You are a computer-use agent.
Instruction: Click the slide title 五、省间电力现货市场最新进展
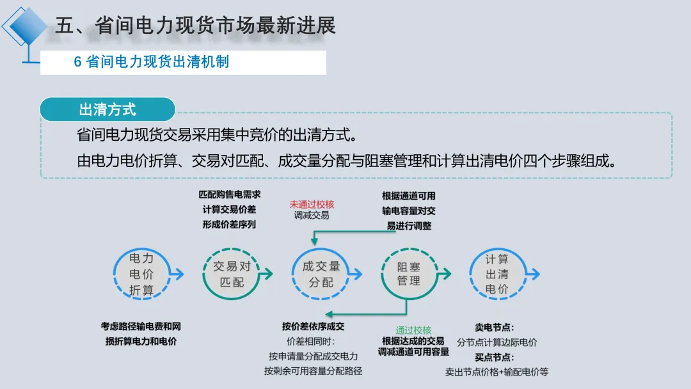click(x=195, y=26)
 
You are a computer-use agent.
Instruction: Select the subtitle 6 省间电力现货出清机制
click(x=152, y=62)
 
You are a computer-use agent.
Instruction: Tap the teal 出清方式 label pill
click(x=107, y=109)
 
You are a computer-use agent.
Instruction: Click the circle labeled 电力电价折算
click(x=141, y=274)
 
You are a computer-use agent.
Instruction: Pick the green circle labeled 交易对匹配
click(x=232, y=274)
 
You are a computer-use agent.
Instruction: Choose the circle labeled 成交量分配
click(x=321, y=274)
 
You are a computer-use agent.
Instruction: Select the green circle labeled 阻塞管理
click(x=409, y=274)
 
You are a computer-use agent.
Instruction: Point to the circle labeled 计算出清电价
click(x=496, y=274)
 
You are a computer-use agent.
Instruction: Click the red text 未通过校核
click(x=312, y=204)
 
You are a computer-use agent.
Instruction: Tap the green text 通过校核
click(x=413, y=330)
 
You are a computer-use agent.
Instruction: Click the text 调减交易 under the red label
click(x=312, y=216)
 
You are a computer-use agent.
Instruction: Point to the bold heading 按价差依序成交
click(x=313, y=326)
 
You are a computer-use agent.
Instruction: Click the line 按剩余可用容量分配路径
click(x=313, y=371)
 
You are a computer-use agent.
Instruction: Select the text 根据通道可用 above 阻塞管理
click(x=409, y=196)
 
